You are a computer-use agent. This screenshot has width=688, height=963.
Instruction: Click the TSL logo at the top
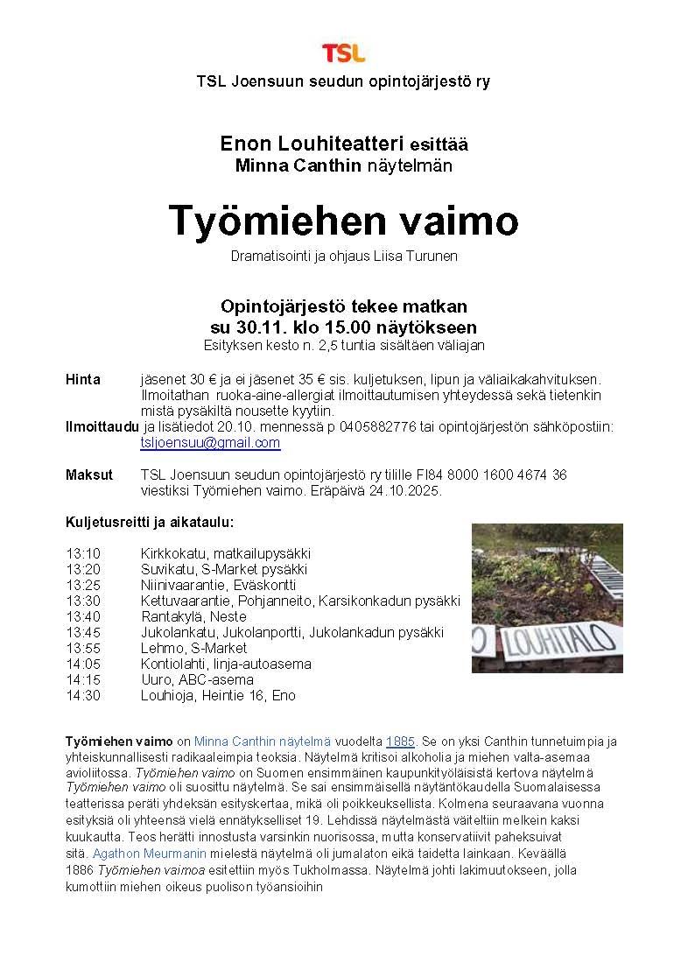tap(343, 53)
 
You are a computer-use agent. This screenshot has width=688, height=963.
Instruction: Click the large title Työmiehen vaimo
tap(343, 221)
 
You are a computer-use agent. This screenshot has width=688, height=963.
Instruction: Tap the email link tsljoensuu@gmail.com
tap(210, 443)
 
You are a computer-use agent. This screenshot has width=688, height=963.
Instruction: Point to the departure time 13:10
tap(83, 554)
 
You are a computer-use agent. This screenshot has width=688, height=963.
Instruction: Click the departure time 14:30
tap(83, 696)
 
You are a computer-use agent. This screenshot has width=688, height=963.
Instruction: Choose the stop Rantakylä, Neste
tap(181, 617)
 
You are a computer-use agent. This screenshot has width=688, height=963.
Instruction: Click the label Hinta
tap(83, 380)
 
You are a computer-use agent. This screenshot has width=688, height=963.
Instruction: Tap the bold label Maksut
tap(89, 475)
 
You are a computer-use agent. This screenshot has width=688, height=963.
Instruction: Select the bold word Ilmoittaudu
tap(102, 427)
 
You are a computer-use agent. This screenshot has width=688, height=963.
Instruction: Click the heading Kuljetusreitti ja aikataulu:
tap(150, 523)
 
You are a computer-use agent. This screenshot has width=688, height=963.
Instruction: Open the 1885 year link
tap(400, 742)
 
